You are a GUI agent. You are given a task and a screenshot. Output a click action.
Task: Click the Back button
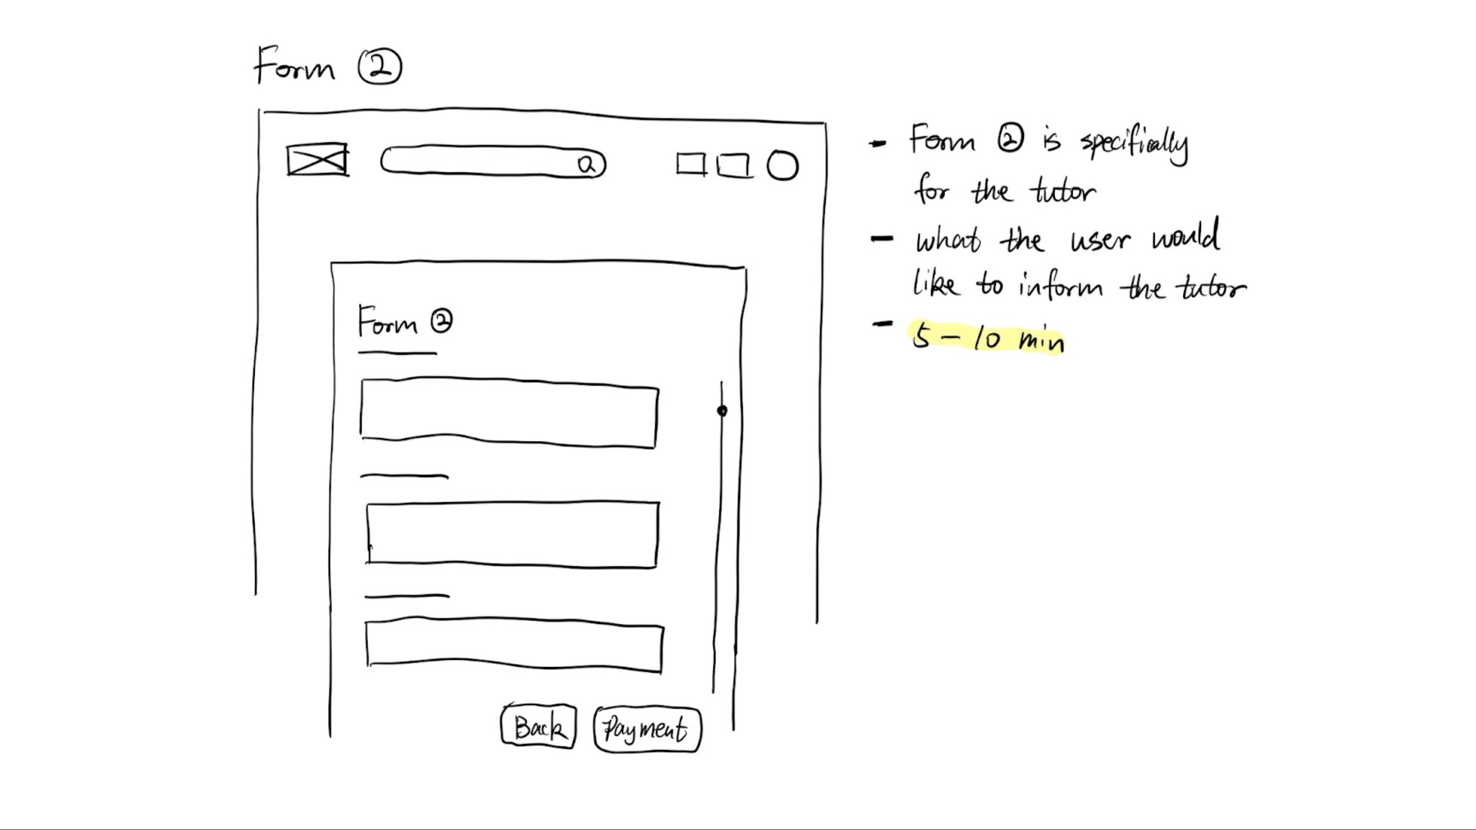(x=538, y=728)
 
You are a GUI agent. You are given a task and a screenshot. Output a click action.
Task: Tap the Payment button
(x=647, y=729)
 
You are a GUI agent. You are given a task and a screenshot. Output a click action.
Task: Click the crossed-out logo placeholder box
(x=317, y=160)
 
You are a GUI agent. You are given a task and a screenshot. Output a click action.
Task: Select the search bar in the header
(x=481, y=162)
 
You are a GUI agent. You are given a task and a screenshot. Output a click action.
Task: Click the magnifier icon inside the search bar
(x=587, y=165)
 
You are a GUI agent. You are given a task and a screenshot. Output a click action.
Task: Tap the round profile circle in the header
(x=782, y=165)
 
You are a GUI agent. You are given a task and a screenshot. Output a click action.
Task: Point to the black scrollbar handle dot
(x=722, y=411)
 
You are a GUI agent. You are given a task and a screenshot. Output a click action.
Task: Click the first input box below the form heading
(x=509, y=412)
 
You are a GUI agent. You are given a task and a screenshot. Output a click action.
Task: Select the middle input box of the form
(x=512, y=534)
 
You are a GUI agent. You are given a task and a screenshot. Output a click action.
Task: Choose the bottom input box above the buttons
(x=514, y=644)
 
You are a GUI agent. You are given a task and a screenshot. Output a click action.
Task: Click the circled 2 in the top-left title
(x=380, y=67)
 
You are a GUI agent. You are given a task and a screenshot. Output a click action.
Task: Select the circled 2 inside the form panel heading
(x=441, y=321)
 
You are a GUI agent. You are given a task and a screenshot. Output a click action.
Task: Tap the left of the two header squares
(x=690, y=164)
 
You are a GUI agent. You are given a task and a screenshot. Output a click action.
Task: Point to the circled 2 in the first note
(x=1010, y=140)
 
